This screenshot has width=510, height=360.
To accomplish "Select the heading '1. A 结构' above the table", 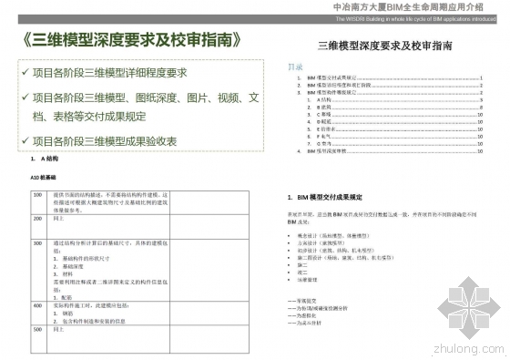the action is [42, 159].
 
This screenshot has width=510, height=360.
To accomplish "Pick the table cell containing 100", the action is [37, 195].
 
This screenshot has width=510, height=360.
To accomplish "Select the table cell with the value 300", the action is [37, 244].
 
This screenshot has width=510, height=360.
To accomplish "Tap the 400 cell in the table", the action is [37, 306].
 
